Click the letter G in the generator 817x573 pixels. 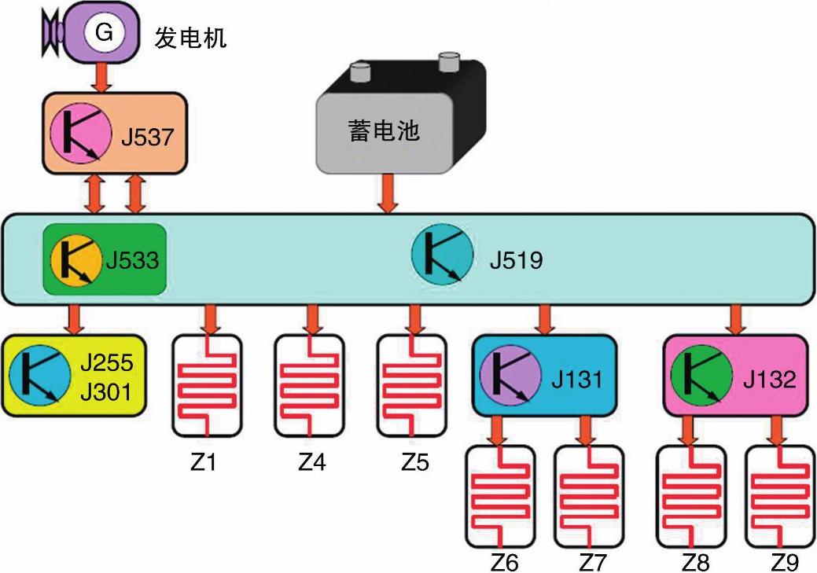point(105,32)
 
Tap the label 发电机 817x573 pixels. point(190,38)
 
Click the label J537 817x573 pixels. point(147,137)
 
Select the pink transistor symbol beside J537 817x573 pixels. point(81,134)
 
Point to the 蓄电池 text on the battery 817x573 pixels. point(384,130)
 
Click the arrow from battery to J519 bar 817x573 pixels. point(387,193)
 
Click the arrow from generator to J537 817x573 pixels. point(102,76)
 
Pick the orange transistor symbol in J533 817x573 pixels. point(76,259)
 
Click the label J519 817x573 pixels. point(516,260)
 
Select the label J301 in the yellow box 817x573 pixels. point(106,392)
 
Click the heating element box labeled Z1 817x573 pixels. point(208,385)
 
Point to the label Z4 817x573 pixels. point(311,461)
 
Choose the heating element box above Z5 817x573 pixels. point(411,385)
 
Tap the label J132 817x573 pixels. point(769,379)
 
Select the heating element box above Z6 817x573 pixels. point(500,497)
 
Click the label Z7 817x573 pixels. point(593,563)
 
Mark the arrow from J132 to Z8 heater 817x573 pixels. point(688,432)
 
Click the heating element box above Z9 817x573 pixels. point(780,497)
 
